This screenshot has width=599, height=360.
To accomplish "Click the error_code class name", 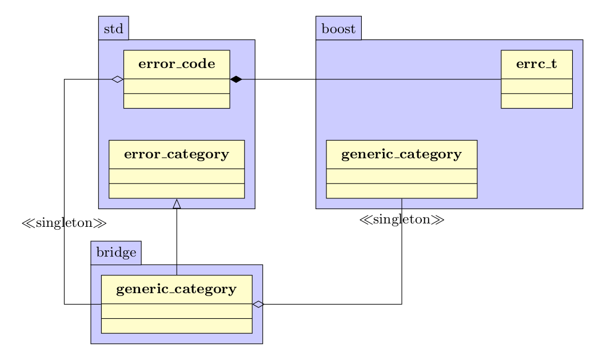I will tap(177, 64).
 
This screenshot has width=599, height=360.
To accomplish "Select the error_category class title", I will tap(176, 154).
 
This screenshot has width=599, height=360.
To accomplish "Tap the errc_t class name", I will tap(536, 64).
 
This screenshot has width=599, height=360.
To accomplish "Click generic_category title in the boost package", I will tap(401, 154).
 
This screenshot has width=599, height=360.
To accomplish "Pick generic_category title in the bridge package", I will tap(176, 289).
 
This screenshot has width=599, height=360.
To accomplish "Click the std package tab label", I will tap(113, 29).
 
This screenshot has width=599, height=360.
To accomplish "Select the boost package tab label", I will tap(338, 29).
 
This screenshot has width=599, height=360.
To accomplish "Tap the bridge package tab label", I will tap(116, 253).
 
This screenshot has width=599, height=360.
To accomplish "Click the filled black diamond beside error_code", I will tap(235, 79).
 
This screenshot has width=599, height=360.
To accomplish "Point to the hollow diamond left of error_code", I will tap(117, 79).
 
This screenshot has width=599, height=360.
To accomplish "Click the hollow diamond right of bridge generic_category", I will tap(258, 304).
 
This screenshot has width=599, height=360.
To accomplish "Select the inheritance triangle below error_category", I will tap(177, 203).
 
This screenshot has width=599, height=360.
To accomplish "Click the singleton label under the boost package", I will tap(402, 219).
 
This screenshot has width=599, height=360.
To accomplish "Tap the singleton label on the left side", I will tap(64, 223).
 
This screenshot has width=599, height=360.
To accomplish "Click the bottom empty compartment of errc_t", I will tap(536, 101).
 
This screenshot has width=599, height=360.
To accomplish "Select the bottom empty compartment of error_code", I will tap(177, 101).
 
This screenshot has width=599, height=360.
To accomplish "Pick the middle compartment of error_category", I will tap(176, 176).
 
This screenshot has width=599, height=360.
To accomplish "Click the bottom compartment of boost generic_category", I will tap(401, 191).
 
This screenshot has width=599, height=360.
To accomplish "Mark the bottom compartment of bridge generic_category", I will tap(176, 325).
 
